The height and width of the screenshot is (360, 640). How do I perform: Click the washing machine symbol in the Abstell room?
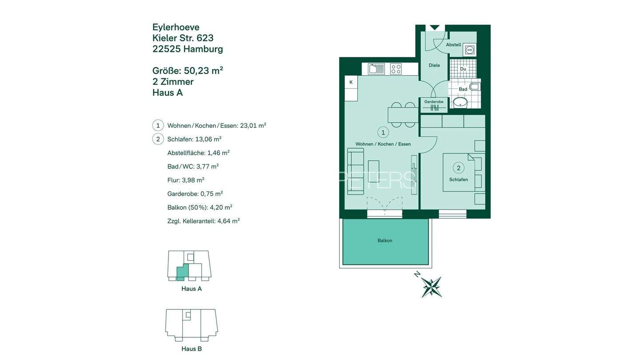[x=469, y=50]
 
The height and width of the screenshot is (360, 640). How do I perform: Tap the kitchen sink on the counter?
[x=376, y=69]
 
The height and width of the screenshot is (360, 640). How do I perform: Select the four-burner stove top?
[x=396, y=69]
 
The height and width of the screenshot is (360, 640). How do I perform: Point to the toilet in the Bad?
[x=475, y=86]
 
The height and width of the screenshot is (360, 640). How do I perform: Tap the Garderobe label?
[x=434, y=102]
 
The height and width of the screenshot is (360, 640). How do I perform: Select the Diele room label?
[x=434, y=65]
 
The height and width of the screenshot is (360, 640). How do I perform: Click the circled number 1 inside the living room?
[x=383, y=132]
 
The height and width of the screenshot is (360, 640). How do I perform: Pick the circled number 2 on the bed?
[x=459, y=168]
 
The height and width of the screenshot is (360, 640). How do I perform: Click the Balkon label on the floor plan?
[x=385, y=240]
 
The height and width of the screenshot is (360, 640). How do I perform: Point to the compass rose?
[x=431, y=287]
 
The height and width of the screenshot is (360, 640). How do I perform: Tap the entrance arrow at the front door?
[x=435, y=28]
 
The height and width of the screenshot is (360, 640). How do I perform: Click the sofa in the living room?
[x=356, y=172]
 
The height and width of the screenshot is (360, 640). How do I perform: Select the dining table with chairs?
[x=403, y=115]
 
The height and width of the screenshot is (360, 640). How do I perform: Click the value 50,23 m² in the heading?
[x=203, y=71]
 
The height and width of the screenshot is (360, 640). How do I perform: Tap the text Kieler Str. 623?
[x=183, y=38]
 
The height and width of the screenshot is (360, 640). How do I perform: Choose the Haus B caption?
[x=192, y=349]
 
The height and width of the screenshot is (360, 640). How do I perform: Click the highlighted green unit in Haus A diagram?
[x=181, y=272]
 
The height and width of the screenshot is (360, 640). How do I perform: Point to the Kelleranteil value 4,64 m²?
[x=228, y=221]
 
